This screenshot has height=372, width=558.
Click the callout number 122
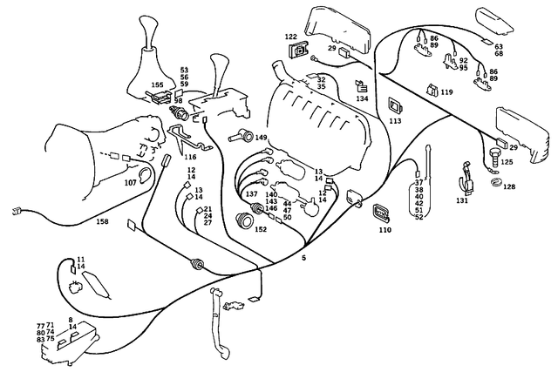pyautogui.click(x=290, y=37)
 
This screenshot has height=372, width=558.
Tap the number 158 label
pyautogui.click(x=103, y=222)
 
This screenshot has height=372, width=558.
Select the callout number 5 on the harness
pyautogui.click(x=303, y=259)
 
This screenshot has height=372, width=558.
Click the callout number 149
pyautogui.click(x=260, y=137)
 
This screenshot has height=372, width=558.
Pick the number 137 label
pyautogui.click(x=251, y=193)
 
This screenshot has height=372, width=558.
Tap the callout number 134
pyautogui.click(x=361, y=100)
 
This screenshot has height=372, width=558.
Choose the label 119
pyautogui.click(x=446, y=91)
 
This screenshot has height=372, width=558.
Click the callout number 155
pyautogui.click(x=156, y=85)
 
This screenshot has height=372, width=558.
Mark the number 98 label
pyautogui.click(x=178, y=101)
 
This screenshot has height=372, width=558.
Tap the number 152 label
pyautogui.click(x=261, y=229)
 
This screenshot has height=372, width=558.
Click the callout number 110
pyautogui.click(x=385, y=231)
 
